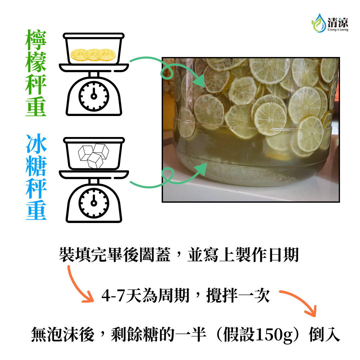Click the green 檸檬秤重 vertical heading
(x=36, y=73)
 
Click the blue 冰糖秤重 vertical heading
(x=36, y=177)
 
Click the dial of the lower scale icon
(x=94, y=201)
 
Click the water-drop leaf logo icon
(x=318, y=22)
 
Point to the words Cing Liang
(x=338, y=30)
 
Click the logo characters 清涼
(x=338, y=22)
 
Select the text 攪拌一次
(x=238, y=295)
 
